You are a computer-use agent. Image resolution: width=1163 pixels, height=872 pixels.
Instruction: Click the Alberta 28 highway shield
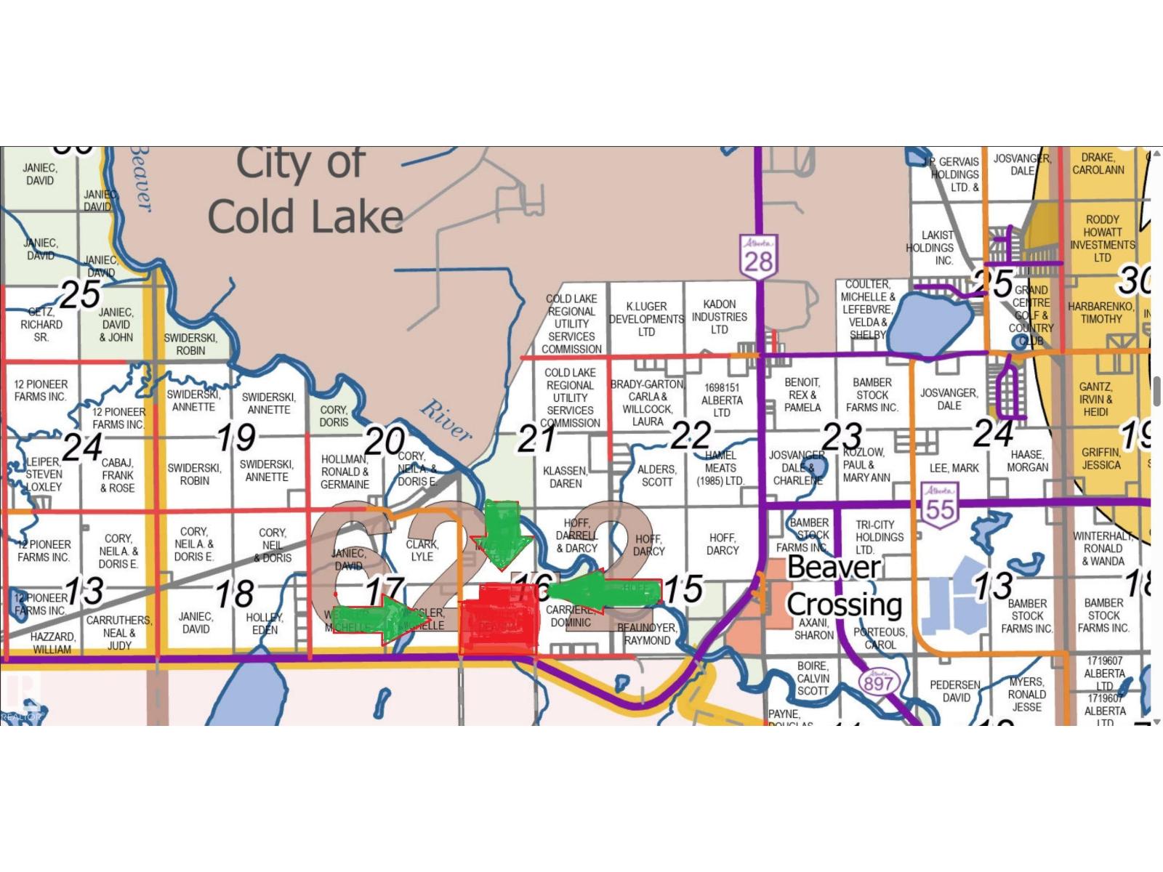(758, 255)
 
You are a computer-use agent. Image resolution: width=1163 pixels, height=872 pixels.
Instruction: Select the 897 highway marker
(878, 682)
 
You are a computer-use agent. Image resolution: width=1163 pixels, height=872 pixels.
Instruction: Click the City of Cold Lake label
(305, 191)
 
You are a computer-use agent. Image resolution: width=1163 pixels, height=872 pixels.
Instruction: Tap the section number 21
(536, 438)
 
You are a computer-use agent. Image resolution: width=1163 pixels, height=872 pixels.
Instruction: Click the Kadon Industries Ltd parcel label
(720, 317)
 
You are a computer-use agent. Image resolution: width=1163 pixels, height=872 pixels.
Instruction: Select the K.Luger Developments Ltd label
(646, 319)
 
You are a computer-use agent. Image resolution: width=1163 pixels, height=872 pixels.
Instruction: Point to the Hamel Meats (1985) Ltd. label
(720, 469)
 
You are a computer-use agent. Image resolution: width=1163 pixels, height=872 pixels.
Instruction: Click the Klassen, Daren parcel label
(566, 477)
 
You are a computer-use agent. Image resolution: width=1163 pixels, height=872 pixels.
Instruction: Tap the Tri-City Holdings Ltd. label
(880, 537)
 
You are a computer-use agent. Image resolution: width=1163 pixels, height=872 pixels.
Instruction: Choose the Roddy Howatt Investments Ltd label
(1102, 238)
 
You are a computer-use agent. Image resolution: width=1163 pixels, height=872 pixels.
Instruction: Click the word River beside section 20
(446, 421)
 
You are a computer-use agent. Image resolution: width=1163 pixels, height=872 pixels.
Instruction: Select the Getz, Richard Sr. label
(41, 324)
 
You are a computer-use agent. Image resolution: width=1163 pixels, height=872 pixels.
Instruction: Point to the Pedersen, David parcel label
(956, 691)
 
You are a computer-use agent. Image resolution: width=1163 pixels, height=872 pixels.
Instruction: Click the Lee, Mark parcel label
(954, 468)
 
